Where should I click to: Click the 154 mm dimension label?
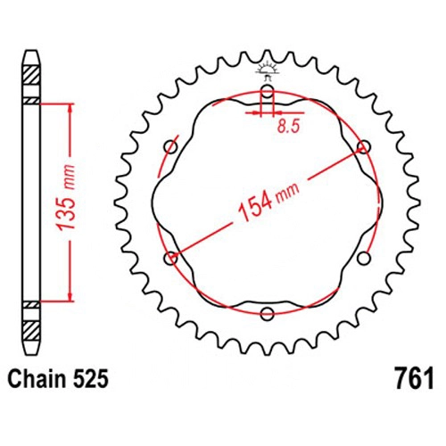[268, 202]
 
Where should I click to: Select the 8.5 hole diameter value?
[287, 127]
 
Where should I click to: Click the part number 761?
[414, 378]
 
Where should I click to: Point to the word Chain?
[37, 379]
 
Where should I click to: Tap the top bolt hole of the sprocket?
[268, 91]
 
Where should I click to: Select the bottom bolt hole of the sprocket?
[267, 313]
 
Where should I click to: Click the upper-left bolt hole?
[171, 146]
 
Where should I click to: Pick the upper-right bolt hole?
[363, 146]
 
